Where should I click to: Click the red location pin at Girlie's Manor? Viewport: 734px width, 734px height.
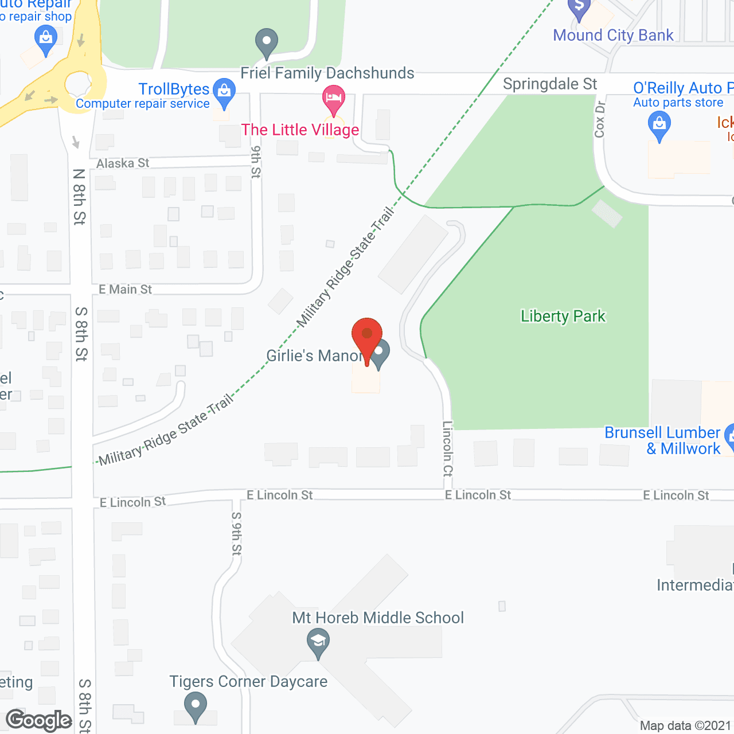(366, 335)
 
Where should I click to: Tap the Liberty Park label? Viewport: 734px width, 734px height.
(563, 316)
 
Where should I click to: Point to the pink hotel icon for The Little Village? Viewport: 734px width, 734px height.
(333, 98)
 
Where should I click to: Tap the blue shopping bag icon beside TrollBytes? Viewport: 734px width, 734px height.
(224, 92)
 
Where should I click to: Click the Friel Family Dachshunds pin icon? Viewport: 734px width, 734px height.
(266, 42)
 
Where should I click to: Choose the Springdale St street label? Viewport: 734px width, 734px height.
(550, 84)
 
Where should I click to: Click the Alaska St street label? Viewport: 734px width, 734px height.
(123, 163)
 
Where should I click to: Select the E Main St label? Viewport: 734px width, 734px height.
(125, 290)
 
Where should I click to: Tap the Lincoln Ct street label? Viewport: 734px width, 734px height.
(448, 448)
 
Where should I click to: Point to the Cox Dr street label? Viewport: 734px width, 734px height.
(600, 119)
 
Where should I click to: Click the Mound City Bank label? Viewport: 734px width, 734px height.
(613, 36)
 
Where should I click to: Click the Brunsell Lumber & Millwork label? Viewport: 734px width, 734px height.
(662, 440)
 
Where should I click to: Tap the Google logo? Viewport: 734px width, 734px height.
(39, 720)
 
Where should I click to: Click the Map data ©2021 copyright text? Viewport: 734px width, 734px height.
(685, 725)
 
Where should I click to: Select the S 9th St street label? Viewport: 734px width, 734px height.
(236, 533)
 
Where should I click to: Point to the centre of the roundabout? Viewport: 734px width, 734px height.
(78, 84)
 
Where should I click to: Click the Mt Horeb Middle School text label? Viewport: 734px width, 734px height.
(378, 618)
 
